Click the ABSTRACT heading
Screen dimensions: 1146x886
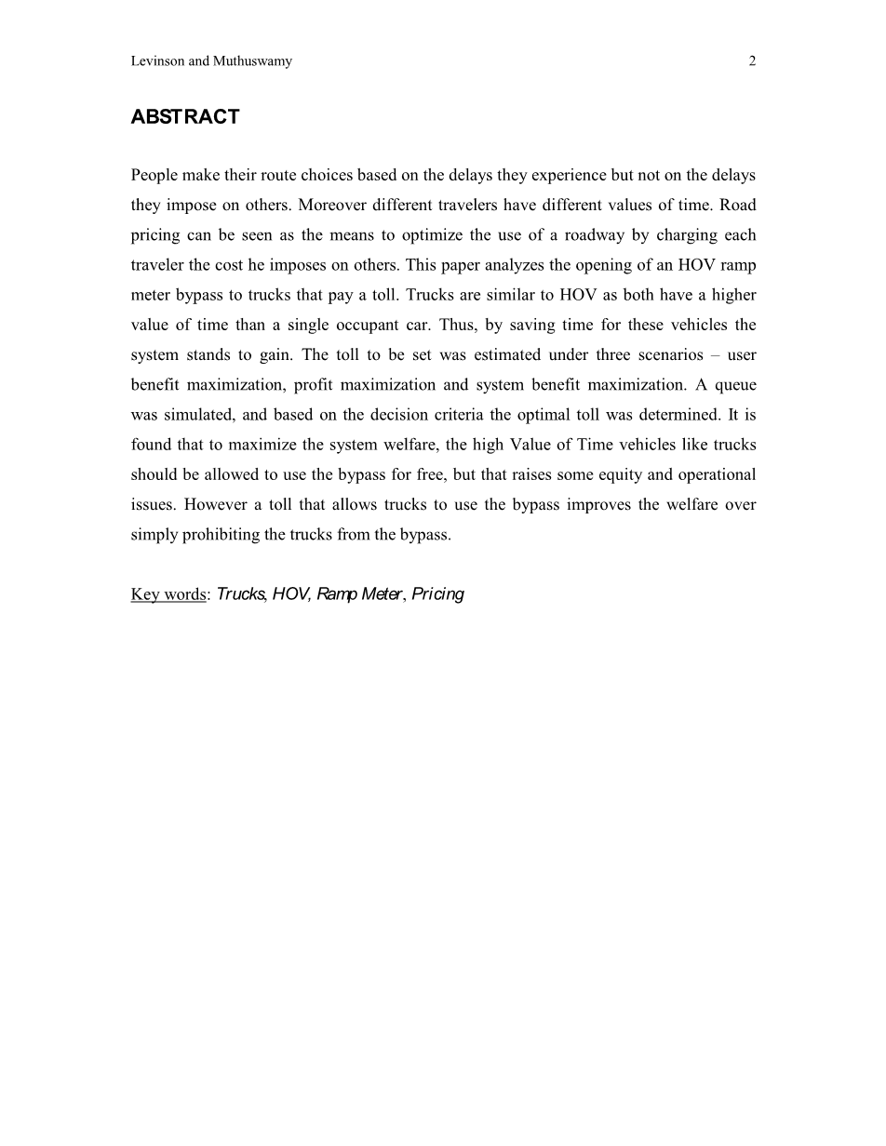tap(185, 117)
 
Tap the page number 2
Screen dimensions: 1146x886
tap(752, 61)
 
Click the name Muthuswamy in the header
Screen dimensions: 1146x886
tap(252, 61)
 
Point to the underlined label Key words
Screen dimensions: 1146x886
tap(168, 594)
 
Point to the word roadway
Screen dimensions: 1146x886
tap(594, 235)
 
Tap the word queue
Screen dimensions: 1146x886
tap(735, 385)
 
